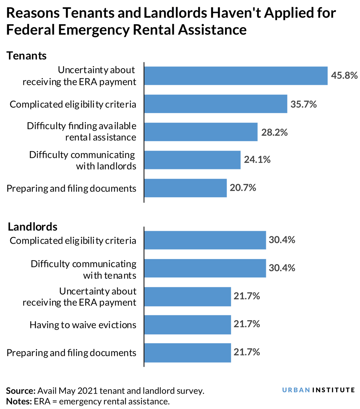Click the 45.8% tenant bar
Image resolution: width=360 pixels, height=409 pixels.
tap(236, 76)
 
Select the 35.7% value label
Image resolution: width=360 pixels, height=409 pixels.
tap(303, 104)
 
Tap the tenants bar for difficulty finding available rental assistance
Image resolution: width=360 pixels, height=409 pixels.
tap(200, 132)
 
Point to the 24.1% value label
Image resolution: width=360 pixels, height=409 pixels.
tap(257, 160)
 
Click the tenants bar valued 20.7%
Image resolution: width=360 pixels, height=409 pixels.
tap(185, 188)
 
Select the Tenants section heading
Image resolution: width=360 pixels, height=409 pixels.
tap(27, 56)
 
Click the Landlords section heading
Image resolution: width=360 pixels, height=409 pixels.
tap(32, 227)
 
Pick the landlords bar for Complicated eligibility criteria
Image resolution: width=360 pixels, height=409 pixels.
tap(205, 240)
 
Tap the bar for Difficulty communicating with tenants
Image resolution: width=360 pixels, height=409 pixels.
tap(205, 268)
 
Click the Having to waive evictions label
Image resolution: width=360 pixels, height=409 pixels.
tap(83, 325)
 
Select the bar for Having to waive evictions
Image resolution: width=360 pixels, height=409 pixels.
tap(187, 324)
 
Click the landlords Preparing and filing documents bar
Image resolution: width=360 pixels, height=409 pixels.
tap(187, 352)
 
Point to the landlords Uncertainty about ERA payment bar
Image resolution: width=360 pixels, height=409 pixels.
tap(187, 297)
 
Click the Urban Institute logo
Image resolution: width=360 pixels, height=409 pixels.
tap(318, 390)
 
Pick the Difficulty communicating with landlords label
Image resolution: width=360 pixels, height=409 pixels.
tap(82, 160)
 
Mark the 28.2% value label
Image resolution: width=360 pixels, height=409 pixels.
tap(274, 132)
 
